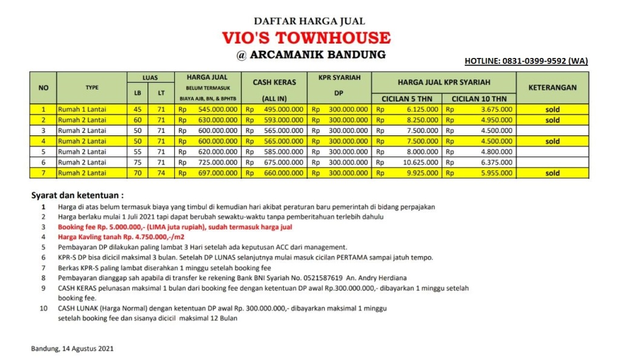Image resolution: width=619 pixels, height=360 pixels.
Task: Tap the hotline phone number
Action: point(525,61)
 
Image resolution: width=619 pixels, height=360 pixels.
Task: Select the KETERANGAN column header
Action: point(552,87)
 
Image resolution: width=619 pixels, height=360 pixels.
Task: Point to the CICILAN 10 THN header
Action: point(479,98)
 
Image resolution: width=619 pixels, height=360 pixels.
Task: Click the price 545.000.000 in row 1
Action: point(217,110)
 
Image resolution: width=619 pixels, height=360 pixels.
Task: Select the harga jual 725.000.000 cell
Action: point(217,162)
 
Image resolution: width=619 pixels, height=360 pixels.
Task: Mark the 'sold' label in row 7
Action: point(552,173)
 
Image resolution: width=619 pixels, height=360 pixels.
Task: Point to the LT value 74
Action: point(161,173)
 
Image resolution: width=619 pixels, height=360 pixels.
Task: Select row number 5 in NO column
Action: point(43,152)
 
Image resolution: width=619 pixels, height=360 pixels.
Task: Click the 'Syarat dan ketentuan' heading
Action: point(77,196)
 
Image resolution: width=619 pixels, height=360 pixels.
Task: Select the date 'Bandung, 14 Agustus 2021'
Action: point(72,349)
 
